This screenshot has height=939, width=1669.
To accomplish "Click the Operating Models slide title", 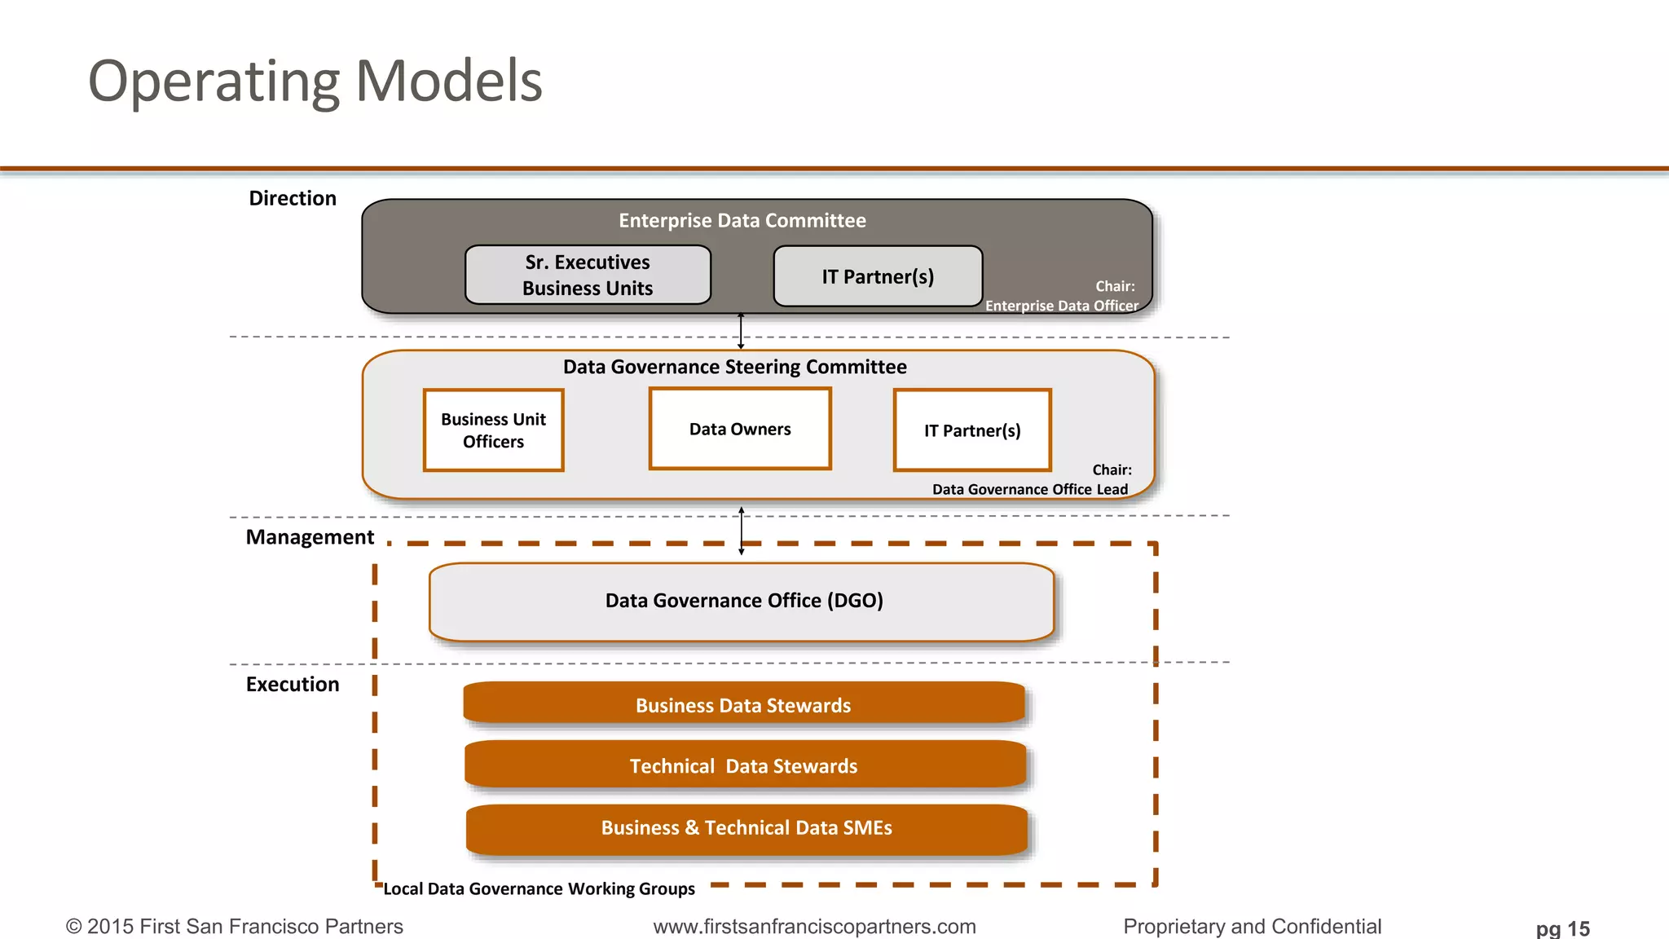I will point(315,82).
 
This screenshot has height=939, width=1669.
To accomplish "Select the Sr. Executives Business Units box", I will point(588,276).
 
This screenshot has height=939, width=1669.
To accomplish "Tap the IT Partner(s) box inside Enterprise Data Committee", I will point(878,277).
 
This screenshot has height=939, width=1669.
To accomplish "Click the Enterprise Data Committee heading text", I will point(742,221).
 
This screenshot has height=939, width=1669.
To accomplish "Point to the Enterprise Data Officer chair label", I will point(1061,306).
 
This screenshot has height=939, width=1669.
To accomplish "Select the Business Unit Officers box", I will point(493,430).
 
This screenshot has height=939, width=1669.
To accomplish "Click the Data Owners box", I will point(740,430).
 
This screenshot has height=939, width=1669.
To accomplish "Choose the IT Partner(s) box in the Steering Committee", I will point(972,430).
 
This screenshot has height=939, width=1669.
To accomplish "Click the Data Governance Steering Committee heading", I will point(734,367).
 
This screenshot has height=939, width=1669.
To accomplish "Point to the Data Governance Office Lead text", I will point(1030,489).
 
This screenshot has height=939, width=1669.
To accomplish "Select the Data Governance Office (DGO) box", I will point(742,602).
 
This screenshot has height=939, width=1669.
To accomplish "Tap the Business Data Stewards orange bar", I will point(743,705).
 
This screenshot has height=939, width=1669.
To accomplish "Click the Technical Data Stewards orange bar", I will point(744,766).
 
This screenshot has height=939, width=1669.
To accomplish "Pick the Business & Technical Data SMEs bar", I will point(746,828).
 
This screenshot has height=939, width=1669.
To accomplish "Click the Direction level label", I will point(293,199).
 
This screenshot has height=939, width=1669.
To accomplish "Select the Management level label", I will point(310,537).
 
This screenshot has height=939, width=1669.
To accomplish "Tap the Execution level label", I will point(293,685).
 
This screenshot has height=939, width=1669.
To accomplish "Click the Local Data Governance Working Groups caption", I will point(539,888).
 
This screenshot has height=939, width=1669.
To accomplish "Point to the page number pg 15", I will point(1562,928).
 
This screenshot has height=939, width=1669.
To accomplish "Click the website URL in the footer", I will point(814,927).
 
